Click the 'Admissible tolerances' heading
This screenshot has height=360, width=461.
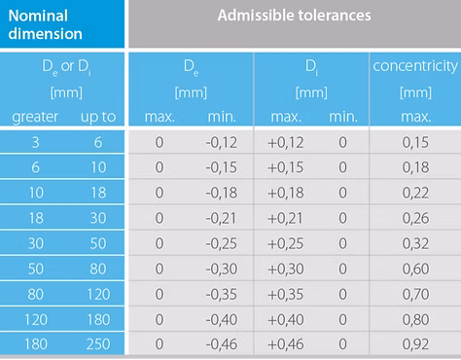(x=295, y=16)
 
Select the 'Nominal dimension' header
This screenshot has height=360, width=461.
(x=45, y=24)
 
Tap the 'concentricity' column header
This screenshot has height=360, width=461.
(x=415, y=66)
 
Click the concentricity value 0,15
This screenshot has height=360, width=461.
(x=415, y=142)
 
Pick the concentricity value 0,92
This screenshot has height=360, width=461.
(x=415, y=344)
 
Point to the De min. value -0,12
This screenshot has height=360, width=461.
(x=222, y=142)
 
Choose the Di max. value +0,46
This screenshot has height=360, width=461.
(x=286, y=344)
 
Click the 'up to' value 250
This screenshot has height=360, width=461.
(x=98, y=344)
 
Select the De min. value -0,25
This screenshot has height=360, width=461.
(x=222, y=243)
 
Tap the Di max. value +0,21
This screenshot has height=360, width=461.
(x=285, y=218)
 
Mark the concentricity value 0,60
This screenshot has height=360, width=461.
(x=415, y=269)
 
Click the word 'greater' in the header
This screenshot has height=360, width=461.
(x=35, y=117)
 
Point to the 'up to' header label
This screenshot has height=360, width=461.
(x=98, y=117)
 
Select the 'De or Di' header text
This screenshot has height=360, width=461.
(x=66, y=67)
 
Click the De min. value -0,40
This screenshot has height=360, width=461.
(x=222, y=319)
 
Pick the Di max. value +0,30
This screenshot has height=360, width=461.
(x=286, y=269)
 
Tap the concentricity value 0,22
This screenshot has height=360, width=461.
(x=415, y=193)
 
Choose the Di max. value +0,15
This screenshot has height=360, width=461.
(x=286, y=167)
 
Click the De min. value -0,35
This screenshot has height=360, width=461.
(x=222, y=294)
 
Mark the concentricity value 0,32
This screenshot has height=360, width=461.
(x=415, y=243)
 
